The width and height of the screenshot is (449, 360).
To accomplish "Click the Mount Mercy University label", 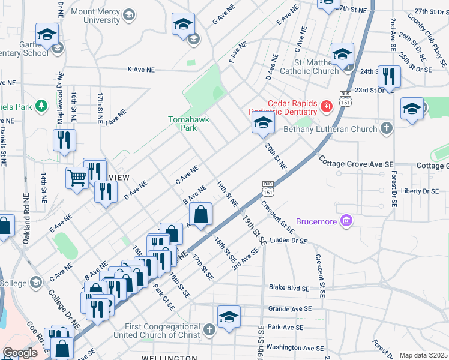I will click(95, 16).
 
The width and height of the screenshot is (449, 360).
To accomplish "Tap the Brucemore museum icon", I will click(346, 221).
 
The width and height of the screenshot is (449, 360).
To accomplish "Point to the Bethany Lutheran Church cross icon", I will click(387, 128).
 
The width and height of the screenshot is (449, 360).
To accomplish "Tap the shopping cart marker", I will click(77, 178).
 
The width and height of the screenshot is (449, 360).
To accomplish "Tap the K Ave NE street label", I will click(142, 70).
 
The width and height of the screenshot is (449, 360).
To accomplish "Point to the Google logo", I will click(20, 353).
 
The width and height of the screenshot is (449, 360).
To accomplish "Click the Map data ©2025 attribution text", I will click(423, 355).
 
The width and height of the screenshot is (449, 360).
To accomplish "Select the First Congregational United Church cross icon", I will click(209, 329).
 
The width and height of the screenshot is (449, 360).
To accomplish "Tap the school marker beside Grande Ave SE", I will click(229, 317).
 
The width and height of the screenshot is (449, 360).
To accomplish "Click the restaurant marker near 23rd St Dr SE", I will click(389, 76).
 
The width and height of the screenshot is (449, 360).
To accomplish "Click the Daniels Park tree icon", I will click(41, 106).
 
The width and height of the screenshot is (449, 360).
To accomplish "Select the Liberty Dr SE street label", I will click(420, 191).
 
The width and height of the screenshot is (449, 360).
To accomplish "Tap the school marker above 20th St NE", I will click(262, 123).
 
